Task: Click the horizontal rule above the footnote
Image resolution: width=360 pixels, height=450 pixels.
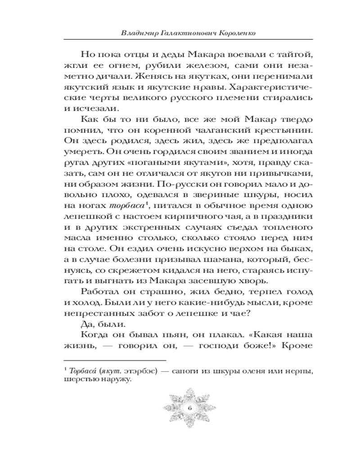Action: coord(115,360)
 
